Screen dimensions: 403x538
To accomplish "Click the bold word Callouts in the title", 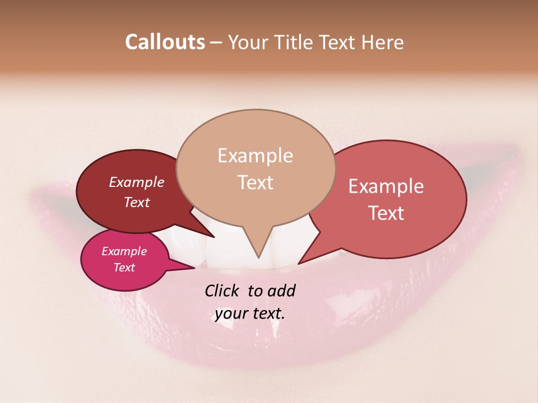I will pyautogui.click(x=165, y=42).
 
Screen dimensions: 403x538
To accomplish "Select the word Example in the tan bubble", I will pyautogui.click(x=255, y=156).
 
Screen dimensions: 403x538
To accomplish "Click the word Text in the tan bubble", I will pyautogui.click(x=255, y=182).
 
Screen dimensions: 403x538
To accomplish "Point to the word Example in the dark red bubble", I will pyautogui.click(x=136, y=182).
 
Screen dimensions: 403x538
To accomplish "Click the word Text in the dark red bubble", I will pyautogui.click(x=136, y=202).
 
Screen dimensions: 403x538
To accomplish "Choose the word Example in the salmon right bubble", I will pyautogui.click(x=386, y=186).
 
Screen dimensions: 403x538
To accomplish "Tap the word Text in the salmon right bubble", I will pyautogui.click(x=386, y=213).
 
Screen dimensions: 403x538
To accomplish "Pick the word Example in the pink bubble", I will pyautogui.click(x=124, y=251).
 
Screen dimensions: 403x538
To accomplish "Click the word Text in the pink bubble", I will pyautogui.click(x=124, y=268).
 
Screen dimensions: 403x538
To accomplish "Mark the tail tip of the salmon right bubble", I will pyautogui.click(x=299, y=263).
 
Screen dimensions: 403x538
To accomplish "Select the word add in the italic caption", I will pyautogui.click(x=281, y=290).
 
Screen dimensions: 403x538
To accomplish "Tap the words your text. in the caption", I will pyautogui.click(x=250, y=313).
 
